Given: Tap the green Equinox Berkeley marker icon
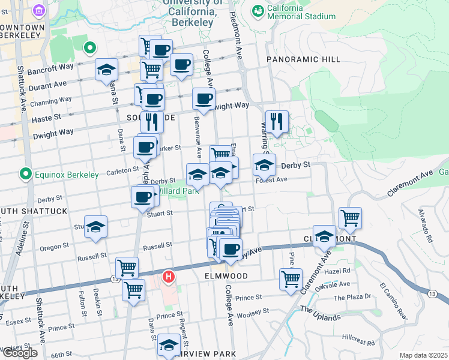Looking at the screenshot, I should click(x=25, y=175).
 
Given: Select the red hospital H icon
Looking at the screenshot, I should click(x=169, y=278).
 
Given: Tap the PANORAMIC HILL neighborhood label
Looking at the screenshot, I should click(x=303, y=59).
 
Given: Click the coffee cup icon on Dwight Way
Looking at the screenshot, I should click(x=203, y=98).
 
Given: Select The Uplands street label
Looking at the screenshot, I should click(x=320, y=312).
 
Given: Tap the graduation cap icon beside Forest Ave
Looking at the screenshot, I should click(x=264, y=164).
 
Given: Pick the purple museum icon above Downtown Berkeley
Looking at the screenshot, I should click(x=40, y=11).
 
